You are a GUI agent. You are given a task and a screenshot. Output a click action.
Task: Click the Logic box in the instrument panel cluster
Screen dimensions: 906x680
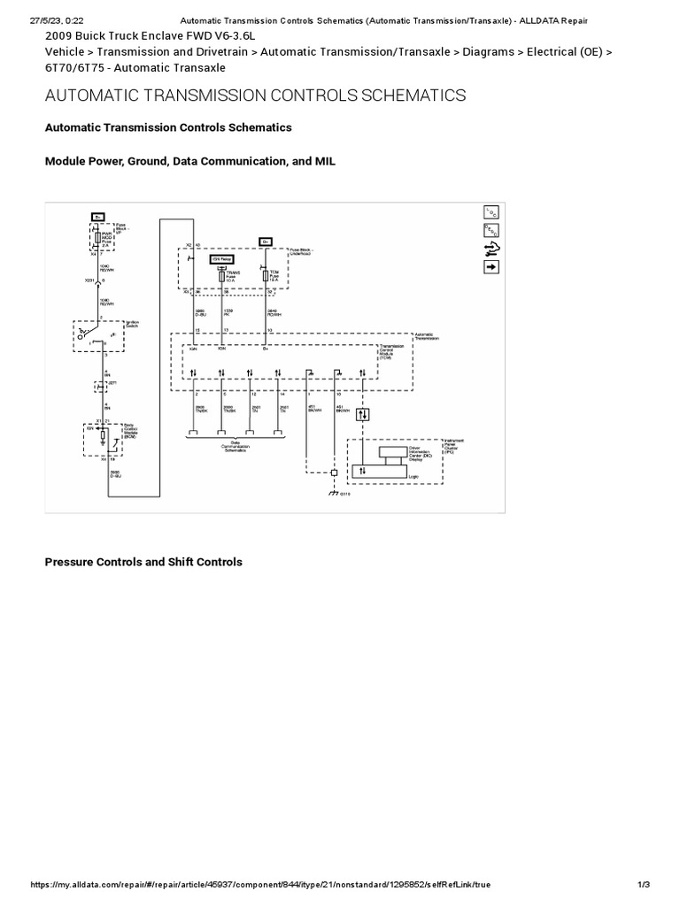coord(390,473)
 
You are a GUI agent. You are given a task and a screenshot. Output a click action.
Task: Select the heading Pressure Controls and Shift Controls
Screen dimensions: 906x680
coord(143,562)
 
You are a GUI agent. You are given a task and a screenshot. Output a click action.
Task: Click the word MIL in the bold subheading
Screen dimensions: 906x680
coord(325,161)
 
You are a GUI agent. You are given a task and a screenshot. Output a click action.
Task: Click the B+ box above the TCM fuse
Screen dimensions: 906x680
coord(265,241)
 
